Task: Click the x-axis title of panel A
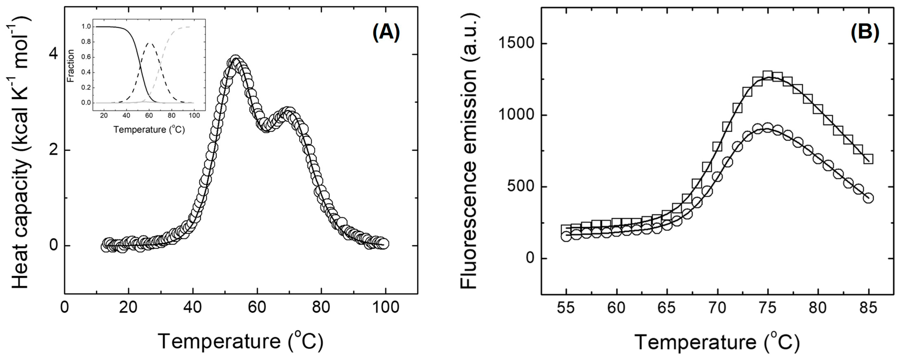241,341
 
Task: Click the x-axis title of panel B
717,341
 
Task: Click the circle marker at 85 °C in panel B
868,198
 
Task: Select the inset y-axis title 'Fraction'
71,66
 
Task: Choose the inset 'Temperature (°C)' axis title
149,130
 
